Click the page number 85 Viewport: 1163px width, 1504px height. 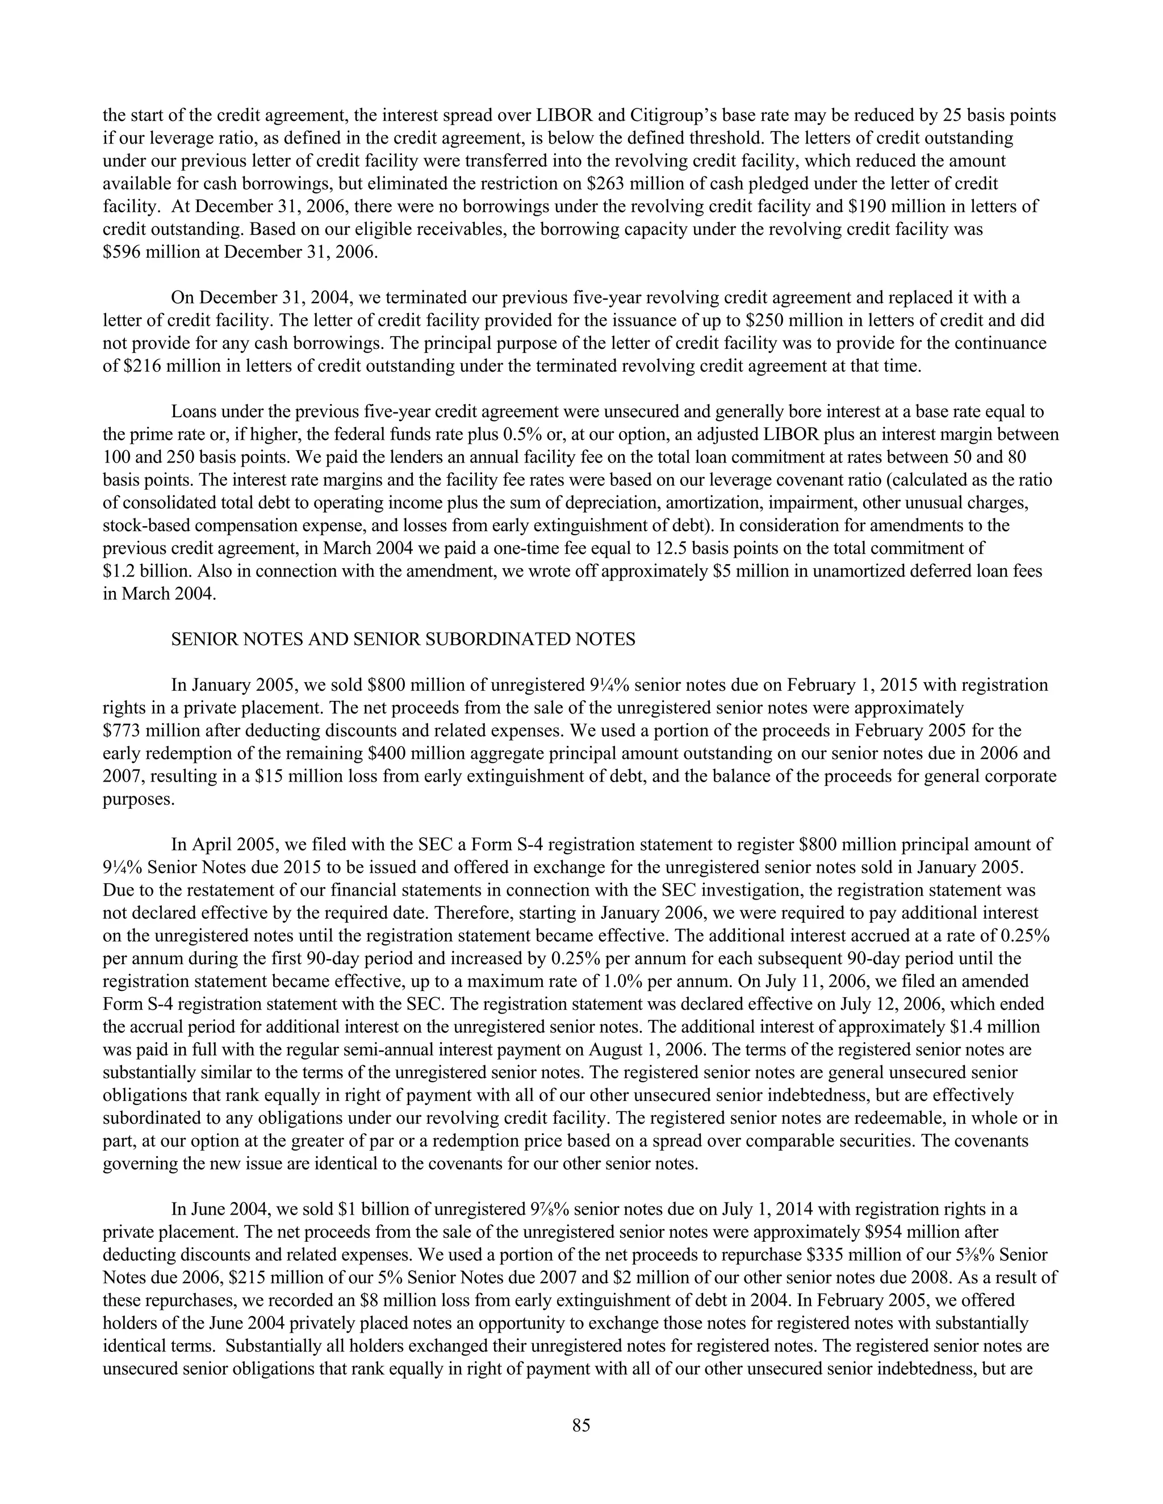pos(581,1426)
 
